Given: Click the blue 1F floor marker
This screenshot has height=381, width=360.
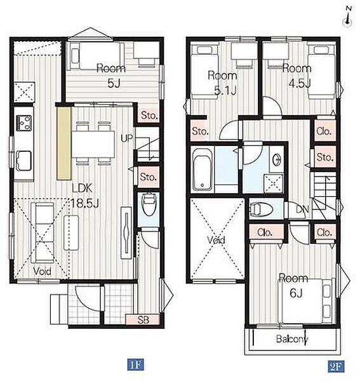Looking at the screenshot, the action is tap(135, 364).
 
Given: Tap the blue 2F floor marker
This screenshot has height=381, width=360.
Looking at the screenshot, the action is tap(337, 366).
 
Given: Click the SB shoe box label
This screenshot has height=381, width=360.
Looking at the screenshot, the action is tap(143, 320).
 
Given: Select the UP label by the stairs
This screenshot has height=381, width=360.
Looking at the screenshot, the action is tap(127, 138).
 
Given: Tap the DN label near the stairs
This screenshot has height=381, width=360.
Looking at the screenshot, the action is tap(302, 209).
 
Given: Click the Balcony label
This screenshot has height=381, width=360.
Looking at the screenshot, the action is tap(292, 338).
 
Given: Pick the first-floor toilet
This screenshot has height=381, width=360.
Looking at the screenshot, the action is tap(149, 204).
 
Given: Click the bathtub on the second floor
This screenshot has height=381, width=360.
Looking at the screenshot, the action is tap(202, 170).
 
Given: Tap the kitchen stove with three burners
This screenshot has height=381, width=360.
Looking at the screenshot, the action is tap(23, 123).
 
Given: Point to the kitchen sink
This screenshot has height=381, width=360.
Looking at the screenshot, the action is tap(23, 161).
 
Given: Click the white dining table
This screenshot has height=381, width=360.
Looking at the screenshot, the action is tap(93, 144).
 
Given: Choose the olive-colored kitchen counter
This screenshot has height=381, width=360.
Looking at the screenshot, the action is tap(64, 143).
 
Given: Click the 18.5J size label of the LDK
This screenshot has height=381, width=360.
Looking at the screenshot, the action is tap(85, 203).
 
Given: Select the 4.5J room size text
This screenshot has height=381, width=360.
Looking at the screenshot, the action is tap(300, 83).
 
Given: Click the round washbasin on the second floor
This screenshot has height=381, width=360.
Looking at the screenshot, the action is tap(276, 160).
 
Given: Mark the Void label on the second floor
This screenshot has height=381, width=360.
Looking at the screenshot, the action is tap(217, 240).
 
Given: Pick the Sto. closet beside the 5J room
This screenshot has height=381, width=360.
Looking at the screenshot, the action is tap(149, 115).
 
